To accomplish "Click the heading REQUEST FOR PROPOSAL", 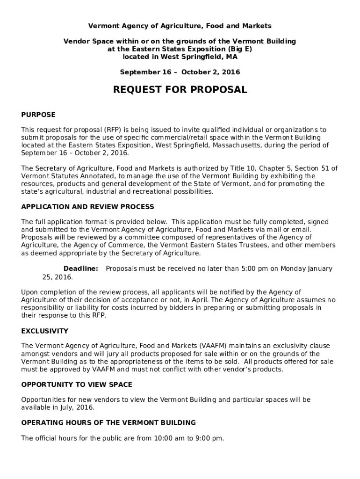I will point(180,90).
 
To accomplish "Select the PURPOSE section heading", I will point(38,115).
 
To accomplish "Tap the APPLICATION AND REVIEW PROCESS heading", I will point(87,207).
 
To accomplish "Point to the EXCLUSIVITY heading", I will point(44,331).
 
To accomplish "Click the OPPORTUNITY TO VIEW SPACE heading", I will point(77,385).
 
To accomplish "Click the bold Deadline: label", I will point(81,269).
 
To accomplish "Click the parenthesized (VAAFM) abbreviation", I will point(214,346).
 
